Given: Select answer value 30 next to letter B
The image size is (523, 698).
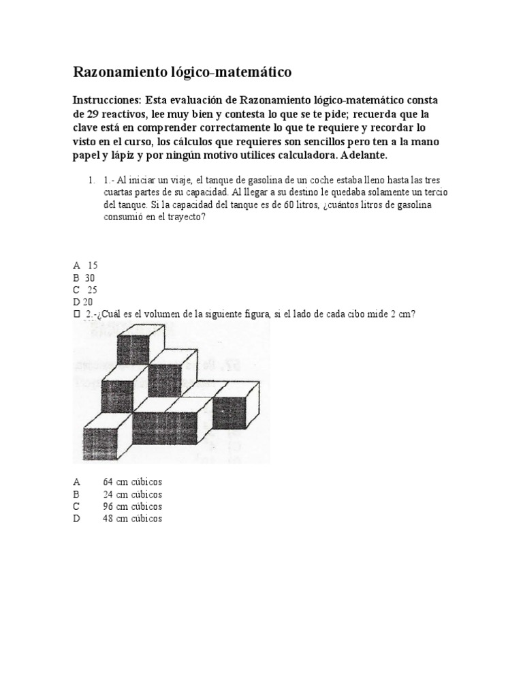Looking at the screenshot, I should click(89, 277).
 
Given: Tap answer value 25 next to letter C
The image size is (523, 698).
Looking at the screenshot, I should click(93, 290).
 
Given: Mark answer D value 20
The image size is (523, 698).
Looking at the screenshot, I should click(88, 302).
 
